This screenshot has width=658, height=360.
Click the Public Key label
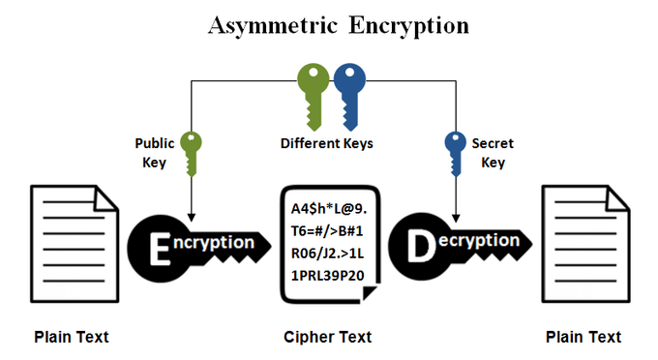154,153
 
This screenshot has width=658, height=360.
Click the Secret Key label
493,153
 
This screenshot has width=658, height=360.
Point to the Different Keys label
327,144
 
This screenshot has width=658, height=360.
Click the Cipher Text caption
327,338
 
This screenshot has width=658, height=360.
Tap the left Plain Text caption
72,338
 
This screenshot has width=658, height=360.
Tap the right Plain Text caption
583,338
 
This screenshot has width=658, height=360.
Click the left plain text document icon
69,248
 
